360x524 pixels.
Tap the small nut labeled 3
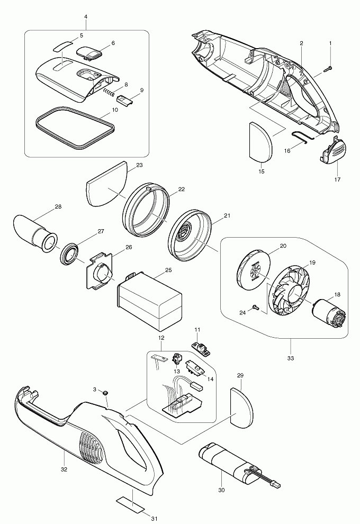click(x=105, y=392)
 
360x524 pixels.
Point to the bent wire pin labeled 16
click(x=300, y=137)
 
